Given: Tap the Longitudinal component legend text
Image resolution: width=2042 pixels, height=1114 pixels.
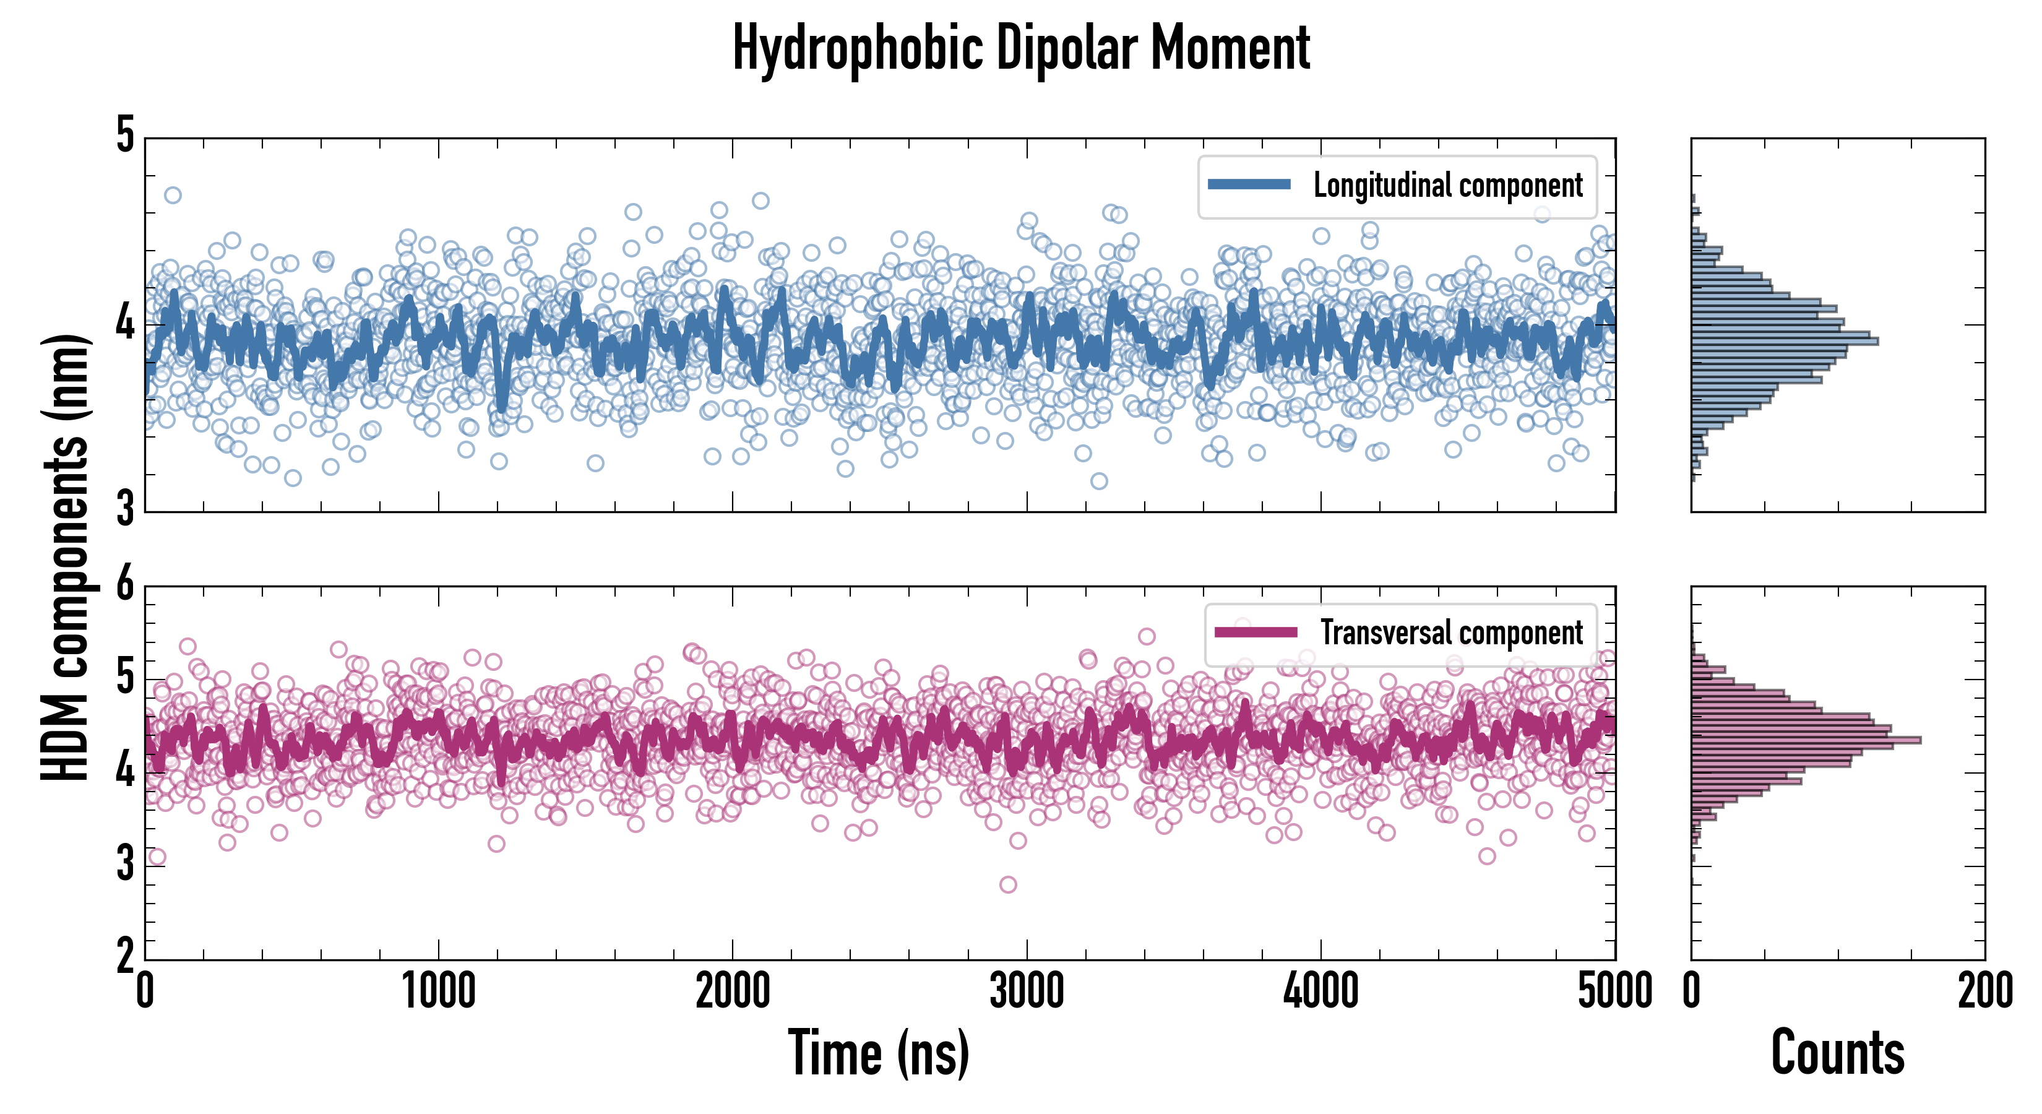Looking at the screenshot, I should click(x=1447, y=186).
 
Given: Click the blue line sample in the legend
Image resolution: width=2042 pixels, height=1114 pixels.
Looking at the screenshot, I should click(x=1249, y=185).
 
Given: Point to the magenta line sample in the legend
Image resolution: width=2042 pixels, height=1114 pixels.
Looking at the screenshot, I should click(x=1256, y=632).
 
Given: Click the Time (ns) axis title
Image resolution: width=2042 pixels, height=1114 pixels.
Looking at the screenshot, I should click(x=878, y=1053).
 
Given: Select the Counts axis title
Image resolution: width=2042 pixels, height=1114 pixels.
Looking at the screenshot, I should click(x=1837, y=1053).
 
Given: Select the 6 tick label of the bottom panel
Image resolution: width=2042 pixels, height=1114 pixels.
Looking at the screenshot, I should click(x=125, y=585).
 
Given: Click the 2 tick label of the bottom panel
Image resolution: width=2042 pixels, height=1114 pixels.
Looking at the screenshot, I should click(x=125, y=956).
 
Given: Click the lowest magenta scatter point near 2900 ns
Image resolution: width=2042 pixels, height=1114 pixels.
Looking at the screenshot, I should click(x=1007, y=884).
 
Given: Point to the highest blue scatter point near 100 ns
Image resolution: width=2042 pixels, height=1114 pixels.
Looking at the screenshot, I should click(x=172, y=195).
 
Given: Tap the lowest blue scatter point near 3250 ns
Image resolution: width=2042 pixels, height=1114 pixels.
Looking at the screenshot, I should click(x=1099, y=480).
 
